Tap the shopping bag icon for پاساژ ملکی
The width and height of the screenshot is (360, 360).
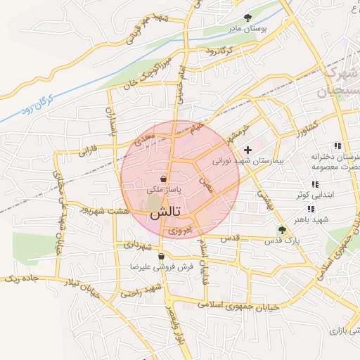[163, 179]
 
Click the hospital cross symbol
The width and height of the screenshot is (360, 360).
[247, 150]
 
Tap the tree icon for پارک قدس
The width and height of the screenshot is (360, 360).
[283, 230]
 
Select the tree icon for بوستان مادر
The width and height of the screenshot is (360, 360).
[247, 18]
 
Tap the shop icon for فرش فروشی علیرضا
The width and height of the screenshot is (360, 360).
[162, 257]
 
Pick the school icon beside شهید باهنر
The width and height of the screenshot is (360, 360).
[310, 209]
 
